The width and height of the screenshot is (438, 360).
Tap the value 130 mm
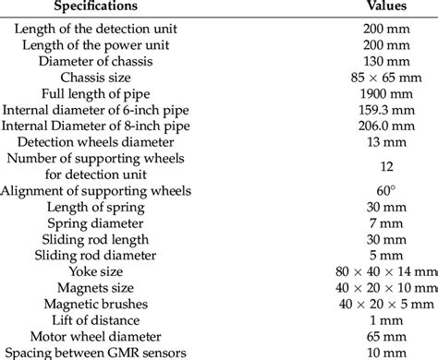coord(385,61)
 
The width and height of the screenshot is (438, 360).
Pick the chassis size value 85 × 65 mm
coord(385,77)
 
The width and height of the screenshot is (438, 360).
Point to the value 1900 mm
coord(385,93)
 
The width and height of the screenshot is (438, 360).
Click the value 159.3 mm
coord(385,110)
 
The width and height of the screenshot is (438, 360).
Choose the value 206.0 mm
coord(385,126)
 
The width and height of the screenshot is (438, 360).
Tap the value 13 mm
coord(385,143)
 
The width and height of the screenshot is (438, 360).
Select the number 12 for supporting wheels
coord(385,167)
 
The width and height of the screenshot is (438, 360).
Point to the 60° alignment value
coord(385,191)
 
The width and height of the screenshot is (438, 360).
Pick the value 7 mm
coord(385,222)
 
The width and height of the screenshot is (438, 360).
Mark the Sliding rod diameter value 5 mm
coord(385,255)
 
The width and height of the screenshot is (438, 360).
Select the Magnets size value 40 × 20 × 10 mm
coord(385,287)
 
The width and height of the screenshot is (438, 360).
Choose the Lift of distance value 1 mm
coord(385,320)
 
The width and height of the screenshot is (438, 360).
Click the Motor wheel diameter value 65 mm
coord(385,337)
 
